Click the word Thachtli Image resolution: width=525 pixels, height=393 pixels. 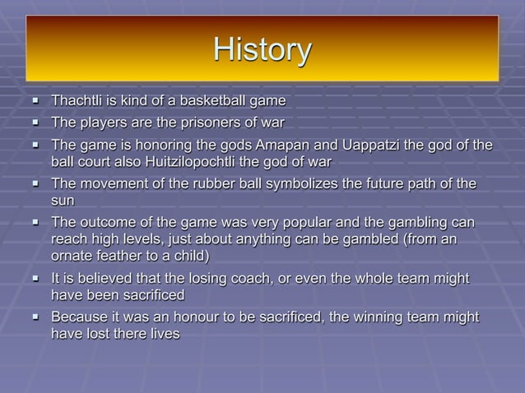[x=79, y=101]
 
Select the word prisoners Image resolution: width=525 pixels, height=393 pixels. [x=197, y=123]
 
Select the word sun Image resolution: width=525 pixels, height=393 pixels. [x=63, y=199]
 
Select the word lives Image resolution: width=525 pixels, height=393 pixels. [x=163, y=333]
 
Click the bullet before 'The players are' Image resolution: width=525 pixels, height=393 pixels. [x=36, y=124]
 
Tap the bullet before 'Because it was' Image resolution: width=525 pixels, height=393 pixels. [x=36, y=318]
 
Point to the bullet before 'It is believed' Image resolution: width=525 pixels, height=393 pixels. [x=36, y=280]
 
